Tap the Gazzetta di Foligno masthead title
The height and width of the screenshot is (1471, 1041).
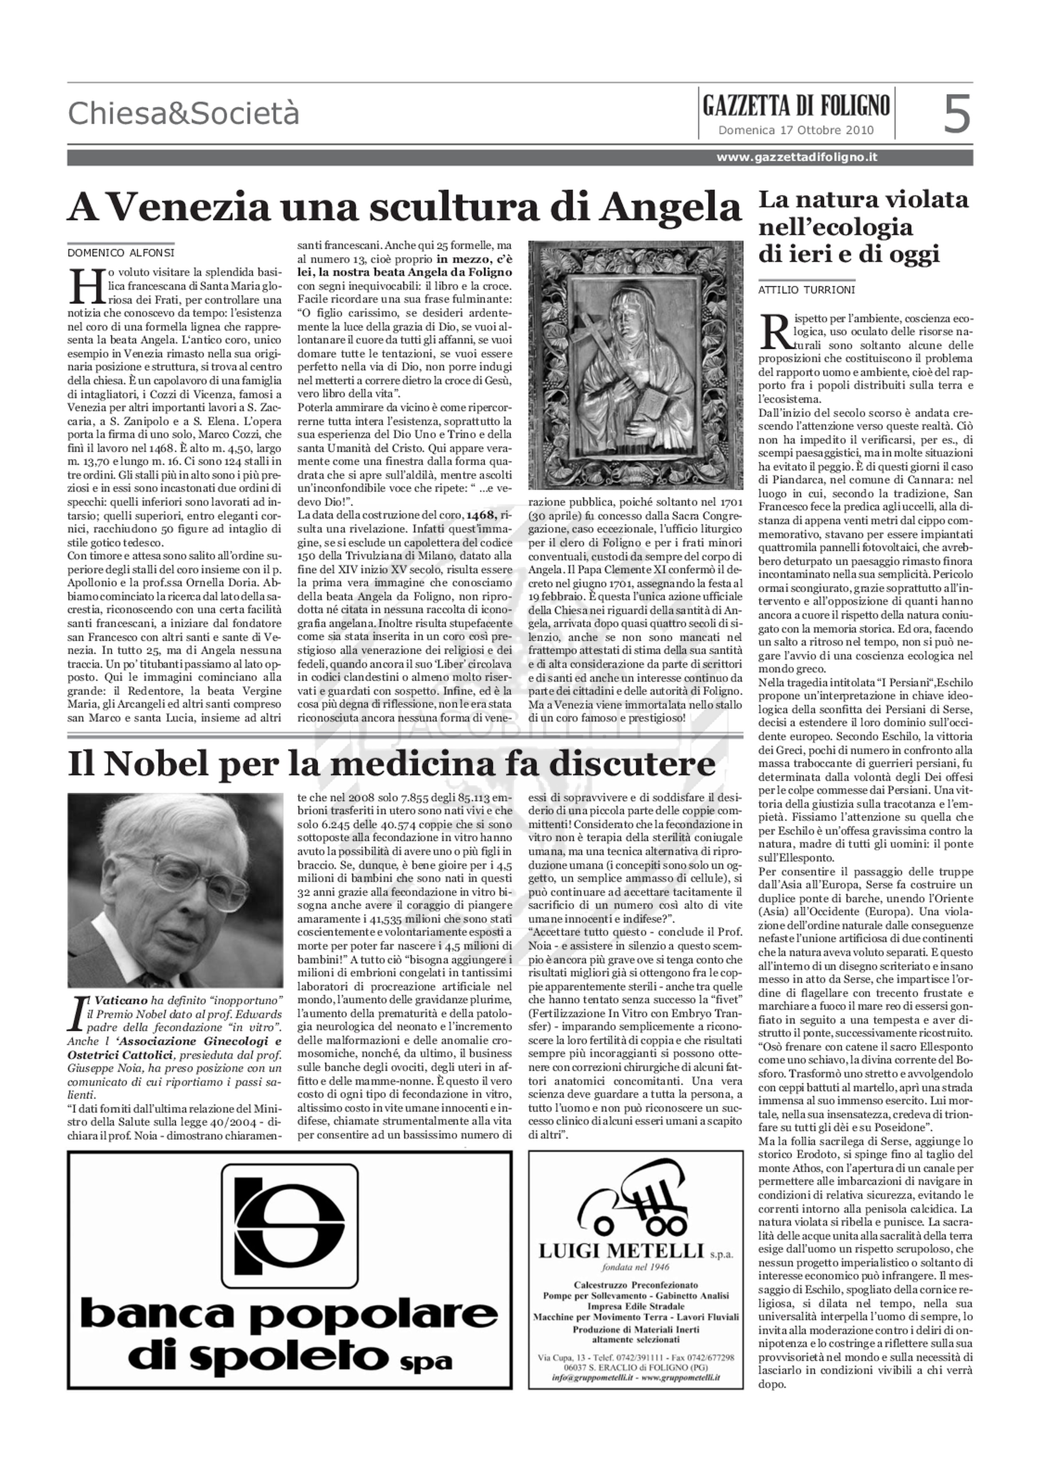tap(796, 105)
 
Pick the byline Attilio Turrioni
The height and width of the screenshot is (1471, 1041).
tap(807, 290)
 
